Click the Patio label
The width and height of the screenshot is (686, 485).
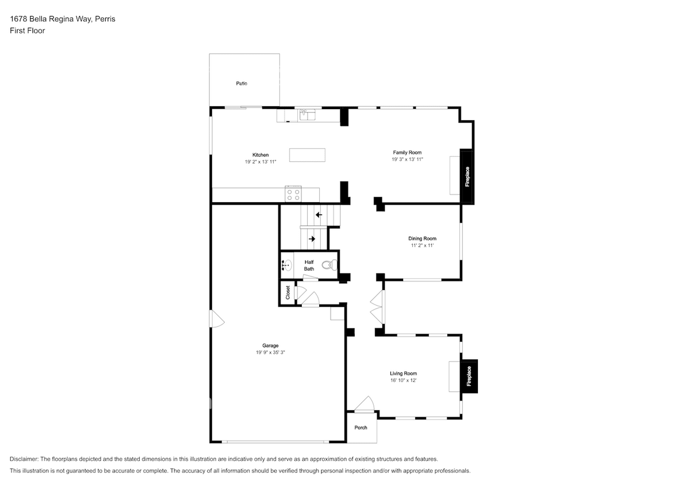pos(242,83)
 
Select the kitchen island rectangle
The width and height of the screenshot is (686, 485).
pos(307,155)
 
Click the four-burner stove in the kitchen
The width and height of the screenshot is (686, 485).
pos(293,195)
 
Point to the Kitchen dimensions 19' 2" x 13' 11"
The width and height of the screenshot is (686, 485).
pos(260,162)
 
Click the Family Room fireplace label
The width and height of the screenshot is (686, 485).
pos(467,176)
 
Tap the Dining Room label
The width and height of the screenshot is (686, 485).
pos(422,238)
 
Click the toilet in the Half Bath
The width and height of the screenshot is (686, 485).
pos(328,265)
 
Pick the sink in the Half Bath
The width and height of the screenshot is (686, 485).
pos(286,265)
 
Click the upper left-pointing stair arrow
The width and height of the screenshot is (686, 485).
pos(318,215)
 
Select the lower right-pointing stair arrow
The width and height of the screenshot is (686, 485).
pos(312,238)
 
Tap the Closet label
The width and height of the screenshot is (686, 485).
pos(288,292)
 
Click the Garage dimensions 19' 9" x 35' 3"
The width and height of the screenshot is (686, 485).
pos(270,352)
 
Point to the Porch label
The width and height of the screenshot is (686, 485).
pos(361,428)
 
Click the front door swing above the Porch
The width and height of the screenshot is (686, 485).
pos(363,405)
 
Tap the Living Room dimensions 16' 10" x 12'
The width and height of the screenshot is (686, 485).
pos(403,380)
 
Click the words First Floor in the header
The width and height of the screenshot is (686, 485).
pos(27,30)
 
